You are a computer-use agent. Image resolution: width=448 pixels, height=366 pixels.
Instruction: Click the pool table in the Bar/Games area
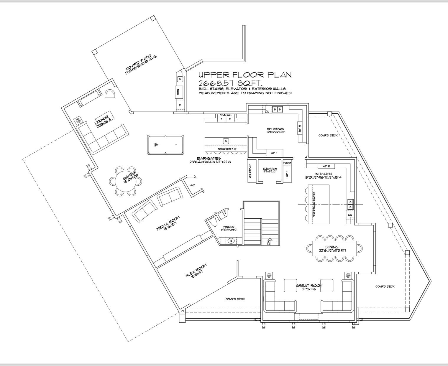[x=165, y=144]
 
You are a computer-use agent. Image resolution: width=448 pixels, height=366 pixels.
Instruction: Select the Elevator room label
[x=270, y=170]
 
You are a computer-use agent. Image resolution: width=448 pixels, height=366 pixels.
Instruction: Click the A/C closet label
[x=193, y=185]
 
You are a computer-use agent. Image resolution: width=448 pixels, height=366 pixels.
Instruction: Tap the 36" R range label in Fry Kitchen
[x=300, y=129]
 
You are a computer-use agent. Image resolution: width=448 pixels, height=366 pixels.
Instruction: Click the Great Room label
[x=309, y=287]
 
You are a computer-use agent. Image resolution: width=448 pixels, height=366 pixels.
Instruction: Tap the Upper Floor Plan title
[x=245, y=75]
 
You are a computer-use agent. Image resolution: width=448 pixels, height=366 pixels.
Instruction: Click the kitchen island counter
[x=319, y=204]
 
